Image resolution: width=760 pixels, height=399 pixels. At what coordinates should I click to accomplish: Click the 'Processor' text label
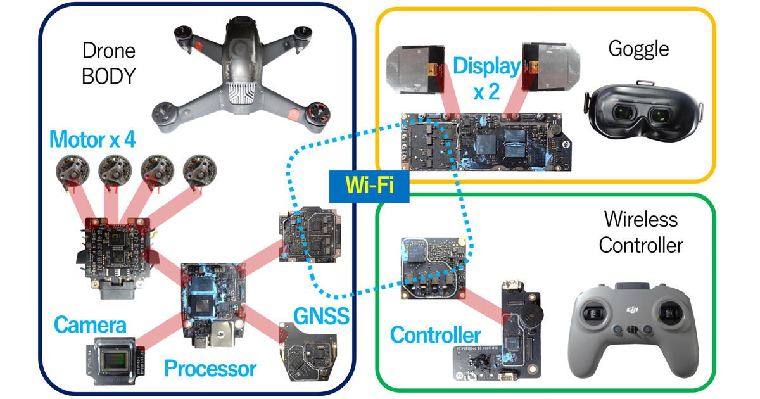pyautogui.click(x=210, y=368)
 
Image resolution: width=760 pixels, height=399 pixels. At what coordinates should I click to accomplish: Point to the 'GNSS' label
pyautogui.click(x=321, y=315)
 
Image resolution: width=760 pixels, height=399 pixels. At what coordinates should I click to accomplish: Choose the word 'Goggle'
pyautogui.click(x=638, y=48)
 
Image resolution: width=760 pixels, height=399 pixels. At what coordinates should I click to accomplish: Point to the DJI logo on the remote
pyautogui.click(x=633, y=308)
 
